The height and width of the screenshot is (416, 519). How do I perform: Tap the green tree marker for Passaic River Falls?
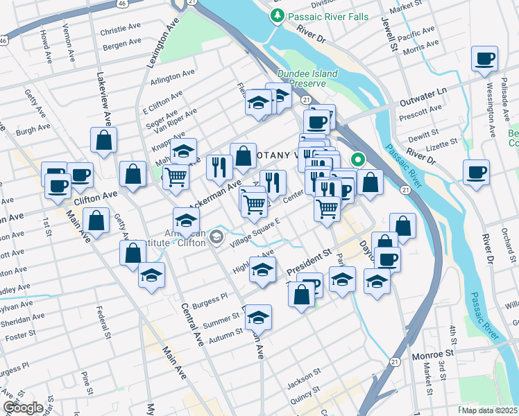[278, 15]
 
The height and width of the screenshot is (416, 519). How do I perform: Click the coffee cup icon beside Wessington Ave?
[484, 59]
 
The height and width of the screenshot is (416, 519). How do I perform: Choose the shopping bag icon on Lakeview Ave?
[103, 140]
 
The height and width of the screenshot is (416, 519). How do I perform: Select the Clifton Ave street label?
[96, 198]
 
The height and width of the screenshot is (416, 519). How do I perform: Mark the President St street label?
[310, 261]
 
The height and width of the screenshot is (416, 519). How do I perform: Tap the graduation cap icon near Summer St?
[258, 318]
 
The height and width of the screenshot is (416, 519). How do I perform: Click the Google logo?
[22, 408]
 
